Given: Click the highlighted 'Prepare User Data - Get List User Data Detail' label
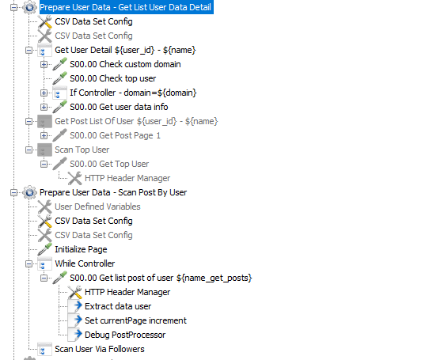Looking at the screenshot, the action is point(126,7).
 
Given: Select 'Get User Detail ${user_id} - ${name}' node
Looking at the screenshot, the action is point(125,50).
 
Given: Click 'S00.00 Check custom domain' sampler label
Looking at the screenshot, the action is point(125,64).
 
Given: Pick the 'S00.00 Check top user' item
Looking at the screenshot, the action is point(113,78).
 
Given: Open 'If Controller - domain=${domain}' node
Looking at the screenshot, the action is point(133,93).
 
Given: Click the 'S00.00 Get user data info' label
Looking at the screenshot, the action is point(119,107).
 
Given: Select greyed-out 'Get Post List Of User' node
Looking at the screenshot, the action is point(136,121).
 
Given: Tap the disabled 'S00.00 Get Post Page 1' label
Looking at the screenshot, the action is point(116,135).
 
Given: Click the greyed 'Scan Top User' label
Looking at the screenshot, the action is point(82,150).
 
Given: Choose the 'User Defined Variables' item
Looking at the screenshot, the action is point(97,207).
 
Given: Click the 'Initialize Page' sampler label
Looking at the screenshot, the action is point(81,249).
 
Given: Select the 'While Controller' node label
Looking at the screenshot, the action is point(85,263).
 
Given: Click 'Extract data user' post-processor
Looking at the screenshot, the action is point(118,306).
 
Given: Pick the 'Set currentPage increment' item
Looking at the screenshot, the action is point(135,320).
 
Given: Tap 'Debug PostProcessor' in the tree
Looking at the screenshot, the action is point(125,335).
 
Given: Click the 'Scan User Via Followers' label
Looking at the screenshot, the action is point(100,349).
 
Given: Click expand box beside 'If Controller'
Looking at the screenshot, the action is point(44,93).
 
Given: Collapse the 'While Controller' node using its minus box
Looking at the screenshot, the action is point(28,263).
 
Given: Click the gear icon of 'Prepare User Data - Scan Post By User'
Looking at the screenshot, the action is point(30,192).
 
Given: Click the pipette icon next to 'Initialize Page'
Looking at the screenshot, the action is point(44,249).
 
